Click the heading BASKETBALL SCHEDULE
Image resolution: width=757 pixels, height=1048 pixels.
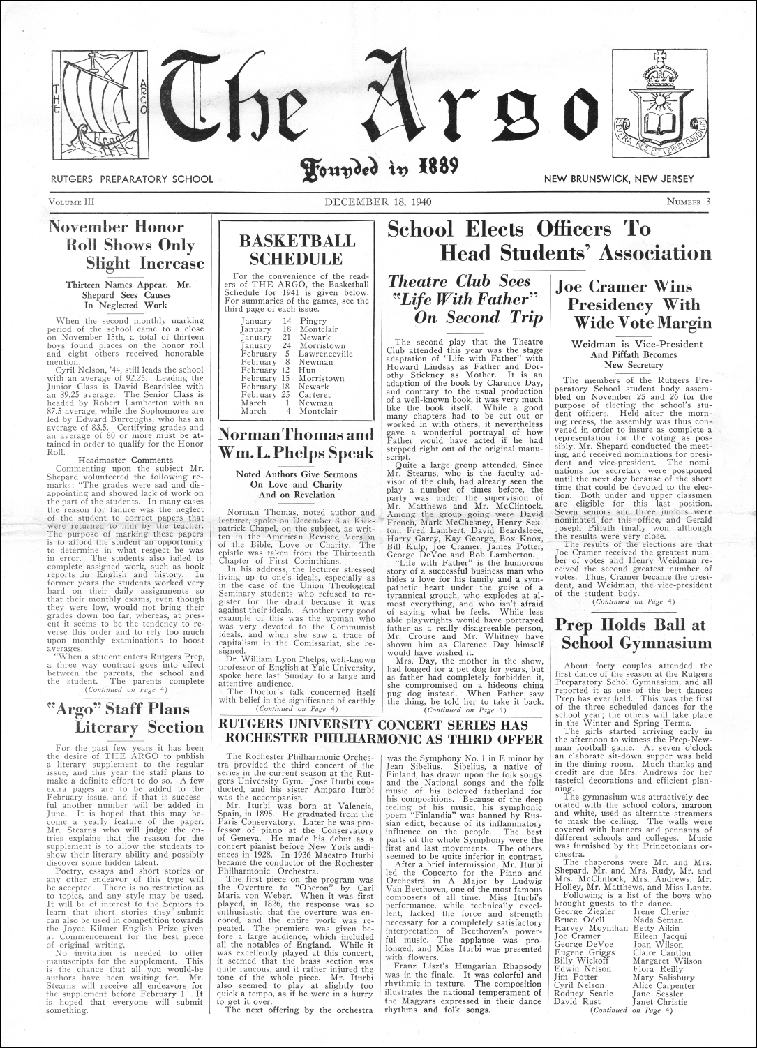coord(297,250)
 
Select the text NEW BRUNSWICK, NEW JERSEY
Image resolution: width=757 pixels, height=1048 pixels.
coord(620,179)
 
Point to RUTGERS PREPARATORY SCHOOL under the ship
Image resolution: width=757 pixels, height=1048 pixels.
coord(131,179)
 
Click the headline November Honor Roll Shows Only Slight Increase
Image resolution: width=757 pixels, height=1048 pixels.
coord(127,245)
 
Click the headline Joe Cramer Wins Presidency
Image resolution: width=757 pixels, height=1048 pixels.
coord(633,304)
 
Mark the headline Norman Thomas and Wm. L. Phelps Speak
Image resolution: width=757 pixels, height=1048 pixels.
coord(297,444)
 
